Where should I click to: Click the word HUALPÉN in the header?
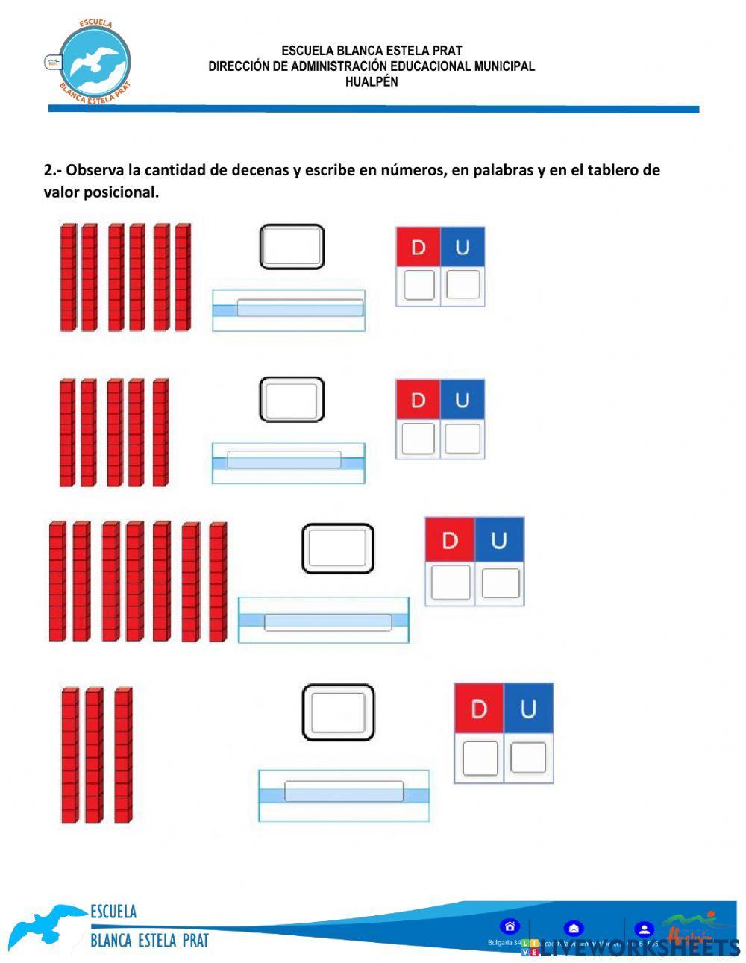(372, 82)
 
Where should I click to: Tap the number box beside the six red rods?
(292, 247)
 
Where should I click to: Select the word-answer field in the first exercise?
(300, 307)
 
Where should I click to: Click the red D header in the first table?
(418, 247)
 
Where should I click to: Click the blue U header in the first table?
(463, 247)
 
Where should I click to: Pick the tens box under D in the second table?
(418, 439)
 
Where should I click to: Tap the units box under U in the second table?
(463, 439)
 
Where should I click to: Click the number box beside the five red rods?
(292, 399)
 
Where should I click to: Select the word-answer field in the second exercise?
(283, 459)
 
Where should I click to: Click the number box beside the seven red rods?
(338, 548)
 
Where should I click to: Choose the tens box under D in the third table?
(451, 583)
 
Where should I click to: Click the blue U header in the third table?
(499, 540)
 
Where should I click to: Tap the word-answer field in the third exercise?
(327, 621)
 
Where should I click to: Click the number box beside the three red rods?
(338, 712)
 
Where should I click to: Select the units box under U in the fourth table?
(528, 758)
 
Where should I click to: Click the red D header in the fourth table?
(479, 709)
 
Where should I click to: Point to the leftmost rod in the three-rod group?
(69, 754)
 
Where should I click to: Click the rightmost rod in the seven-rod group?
(217, 582)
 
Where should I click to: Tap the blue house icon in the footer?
(510, 927)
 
